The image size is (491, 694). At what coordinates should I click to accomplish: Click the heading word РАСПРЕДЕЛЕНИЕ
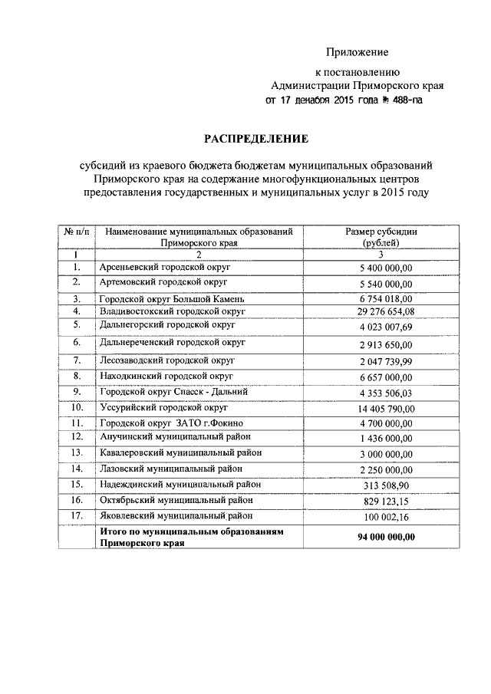[255, 139]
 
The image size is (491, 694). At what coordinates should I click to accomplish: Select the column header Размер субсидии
[381, 231]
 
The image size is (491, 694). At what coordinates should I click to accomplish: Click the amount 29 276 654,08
[385, 311]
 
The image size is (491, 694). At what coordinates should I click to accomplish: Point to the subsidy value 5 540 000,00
[385, 284]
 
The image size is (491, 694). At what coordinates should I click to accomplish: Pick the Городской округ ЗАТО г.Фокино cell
[167, 423]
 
